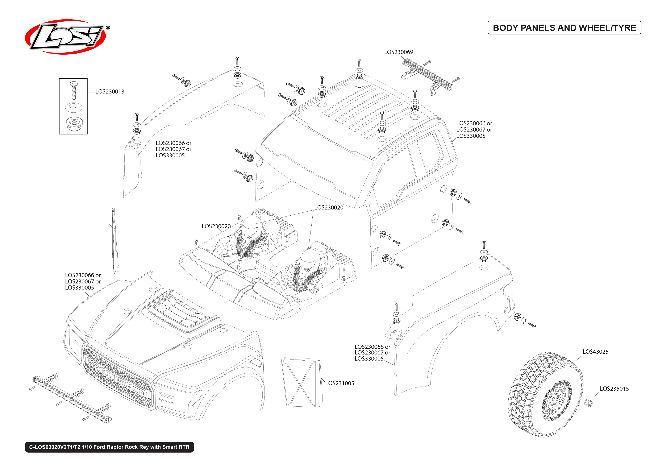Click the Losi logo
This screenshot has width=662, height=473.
[66, 37]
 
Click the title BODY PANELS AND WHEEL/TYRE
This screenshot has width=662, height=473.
[564, 28]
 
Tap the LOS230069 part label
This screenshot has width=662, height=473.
[398, 52]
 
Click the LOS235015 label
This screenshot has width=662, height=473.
[614, 389]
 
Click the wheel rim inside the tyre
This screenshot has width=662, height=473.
[556, 401]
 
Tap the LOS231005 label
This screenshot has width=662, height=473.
[340, 383]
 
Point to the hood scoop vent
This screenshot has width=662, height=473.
[182, 313]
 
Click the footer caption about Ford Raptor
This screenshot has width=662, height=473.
[109, 447]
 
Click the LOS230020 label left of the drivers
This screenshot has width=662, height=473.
[216, 226]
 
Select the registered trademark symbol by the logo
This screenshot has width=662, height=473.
[108, 28]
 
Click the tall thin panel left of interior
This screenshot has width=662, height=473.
[114, 240]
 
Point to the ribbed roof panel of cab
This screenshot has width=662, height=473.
[364, 111]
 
